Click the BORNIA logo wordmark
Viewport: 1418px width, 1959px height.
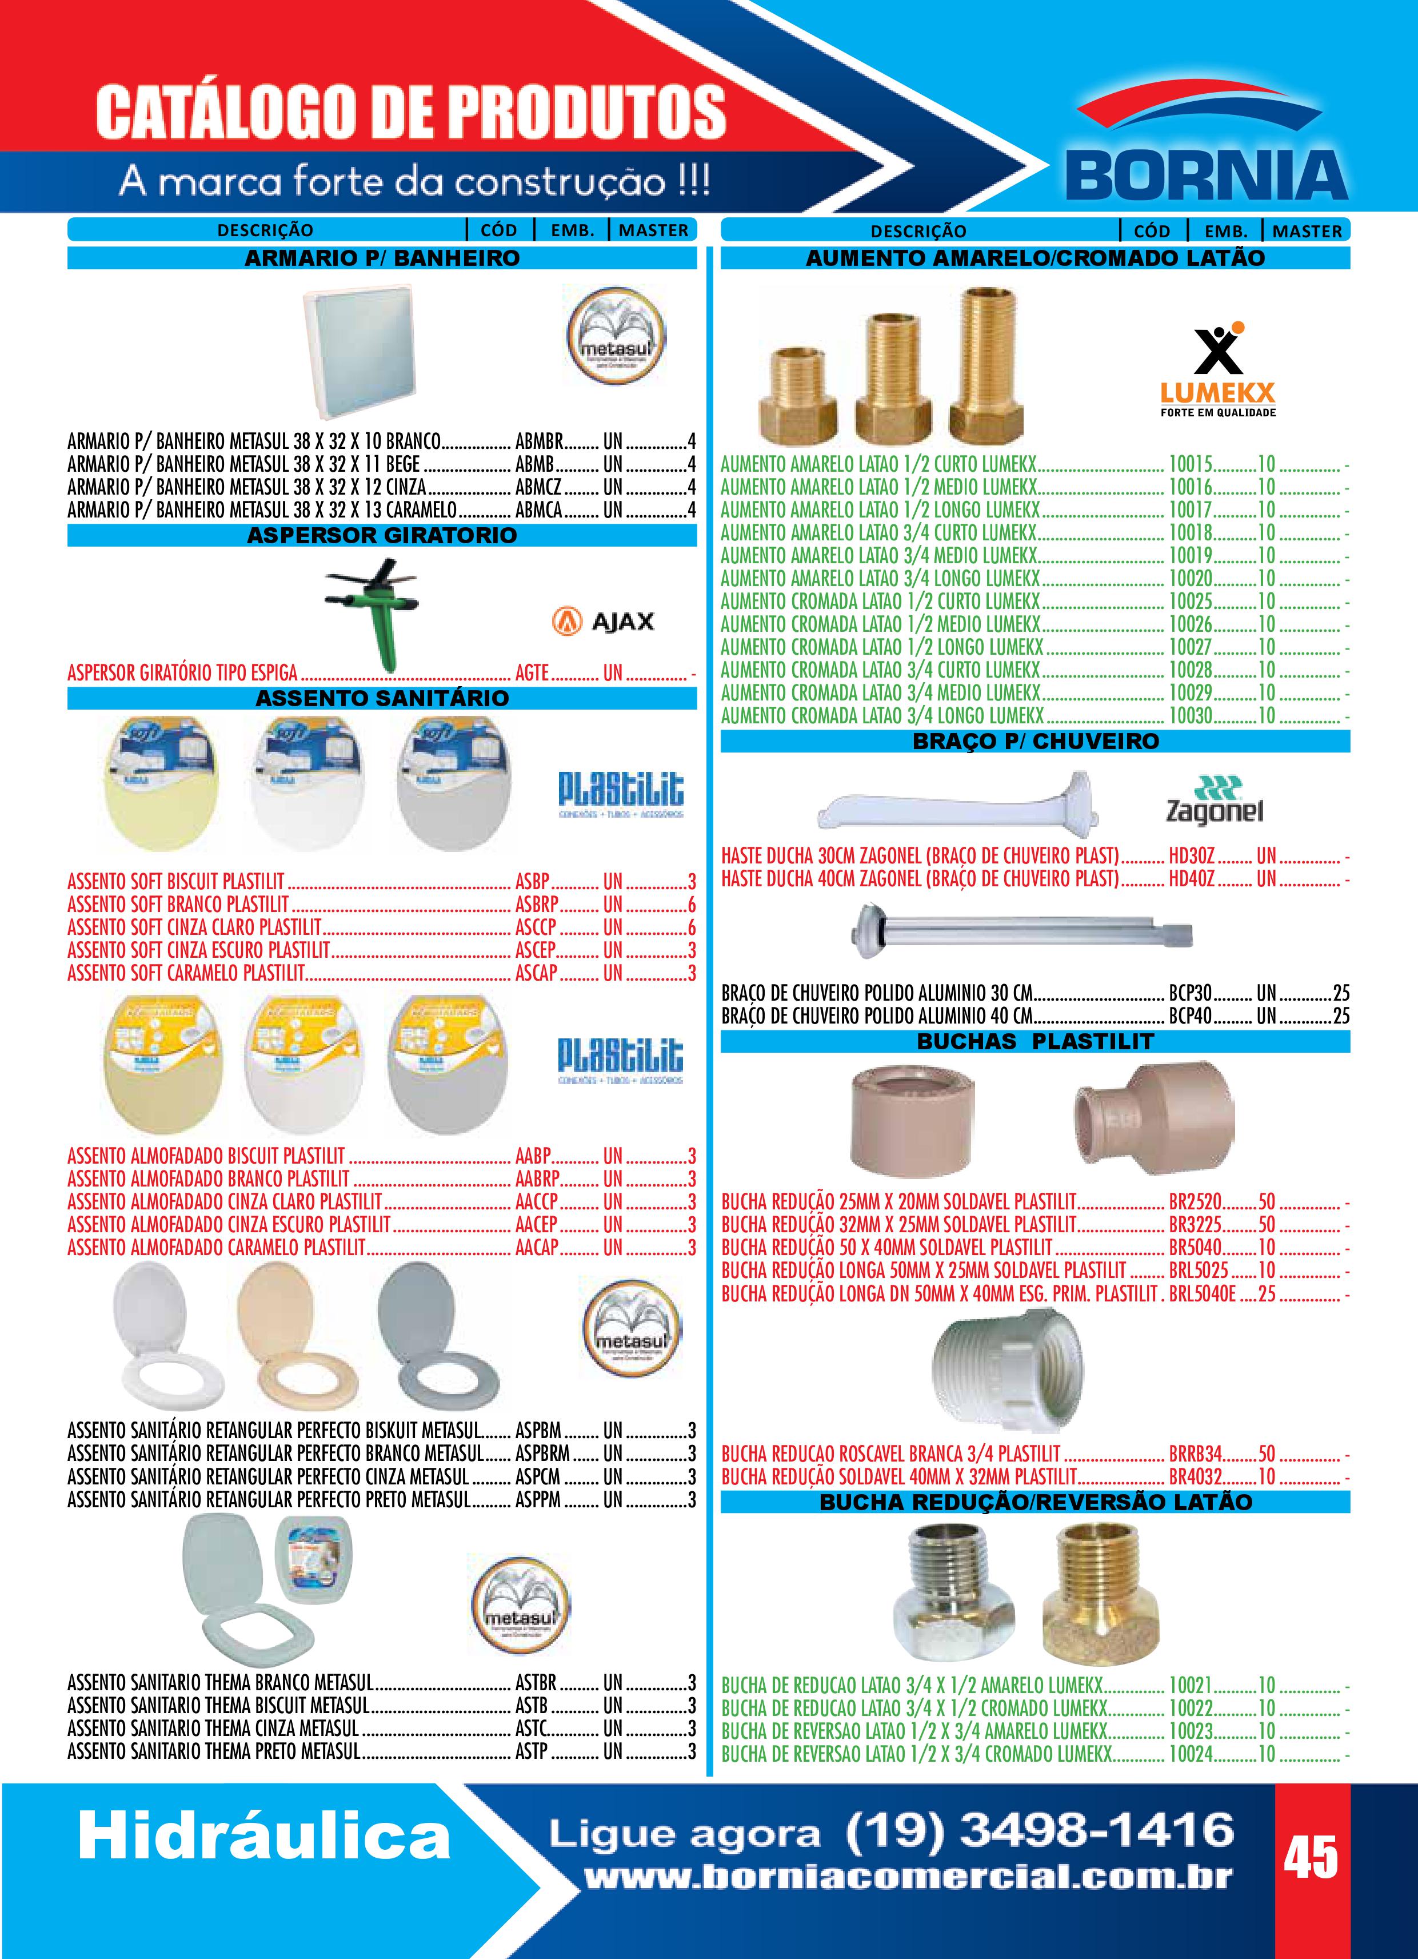[1207, 176]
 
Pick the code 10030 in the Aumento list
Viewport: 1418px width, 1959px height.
[1190, 716]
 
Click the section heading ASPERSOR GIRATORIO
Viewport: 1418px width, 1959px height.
[382, 536]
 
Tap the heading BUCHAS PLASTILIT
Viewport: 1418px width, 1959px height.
[1034, 1042]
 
